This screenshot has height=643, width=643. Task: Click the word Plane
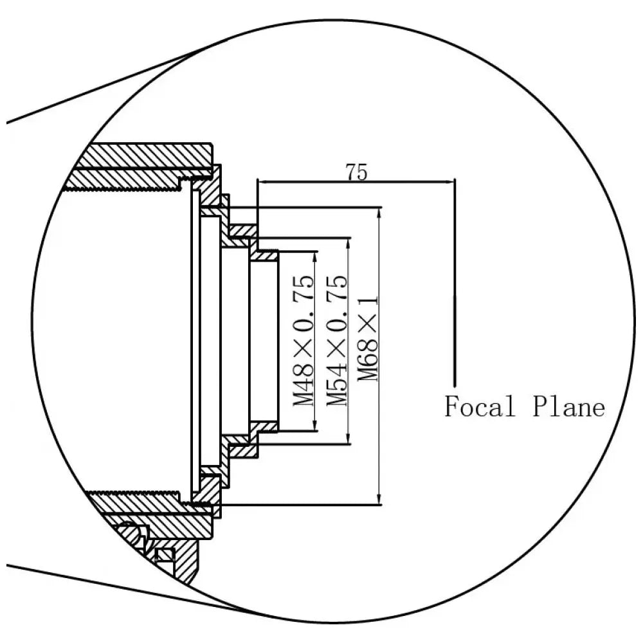click(x=569, y=407)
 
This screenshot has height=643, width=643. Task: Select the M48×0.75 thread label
click(x=304, y=341)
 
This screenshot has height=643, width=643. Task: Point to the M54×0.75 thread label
click(x=337, y=341)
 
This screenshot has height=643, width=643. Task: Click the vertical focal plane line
click(x=455, y=283)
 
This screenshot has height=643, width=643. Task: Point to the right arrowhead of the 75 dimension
click(x=450, y=181)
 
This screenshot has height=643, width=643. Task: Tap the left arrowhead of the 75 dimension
click(x=262, y=181)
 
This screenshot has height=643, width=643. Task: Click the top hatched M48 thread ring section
click(x=264, y=256)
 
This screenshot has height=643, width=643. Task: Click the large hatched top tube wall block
click(x=148, y=155)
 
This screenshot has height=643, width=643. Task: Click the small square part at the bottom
click(x=165, y=554)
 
